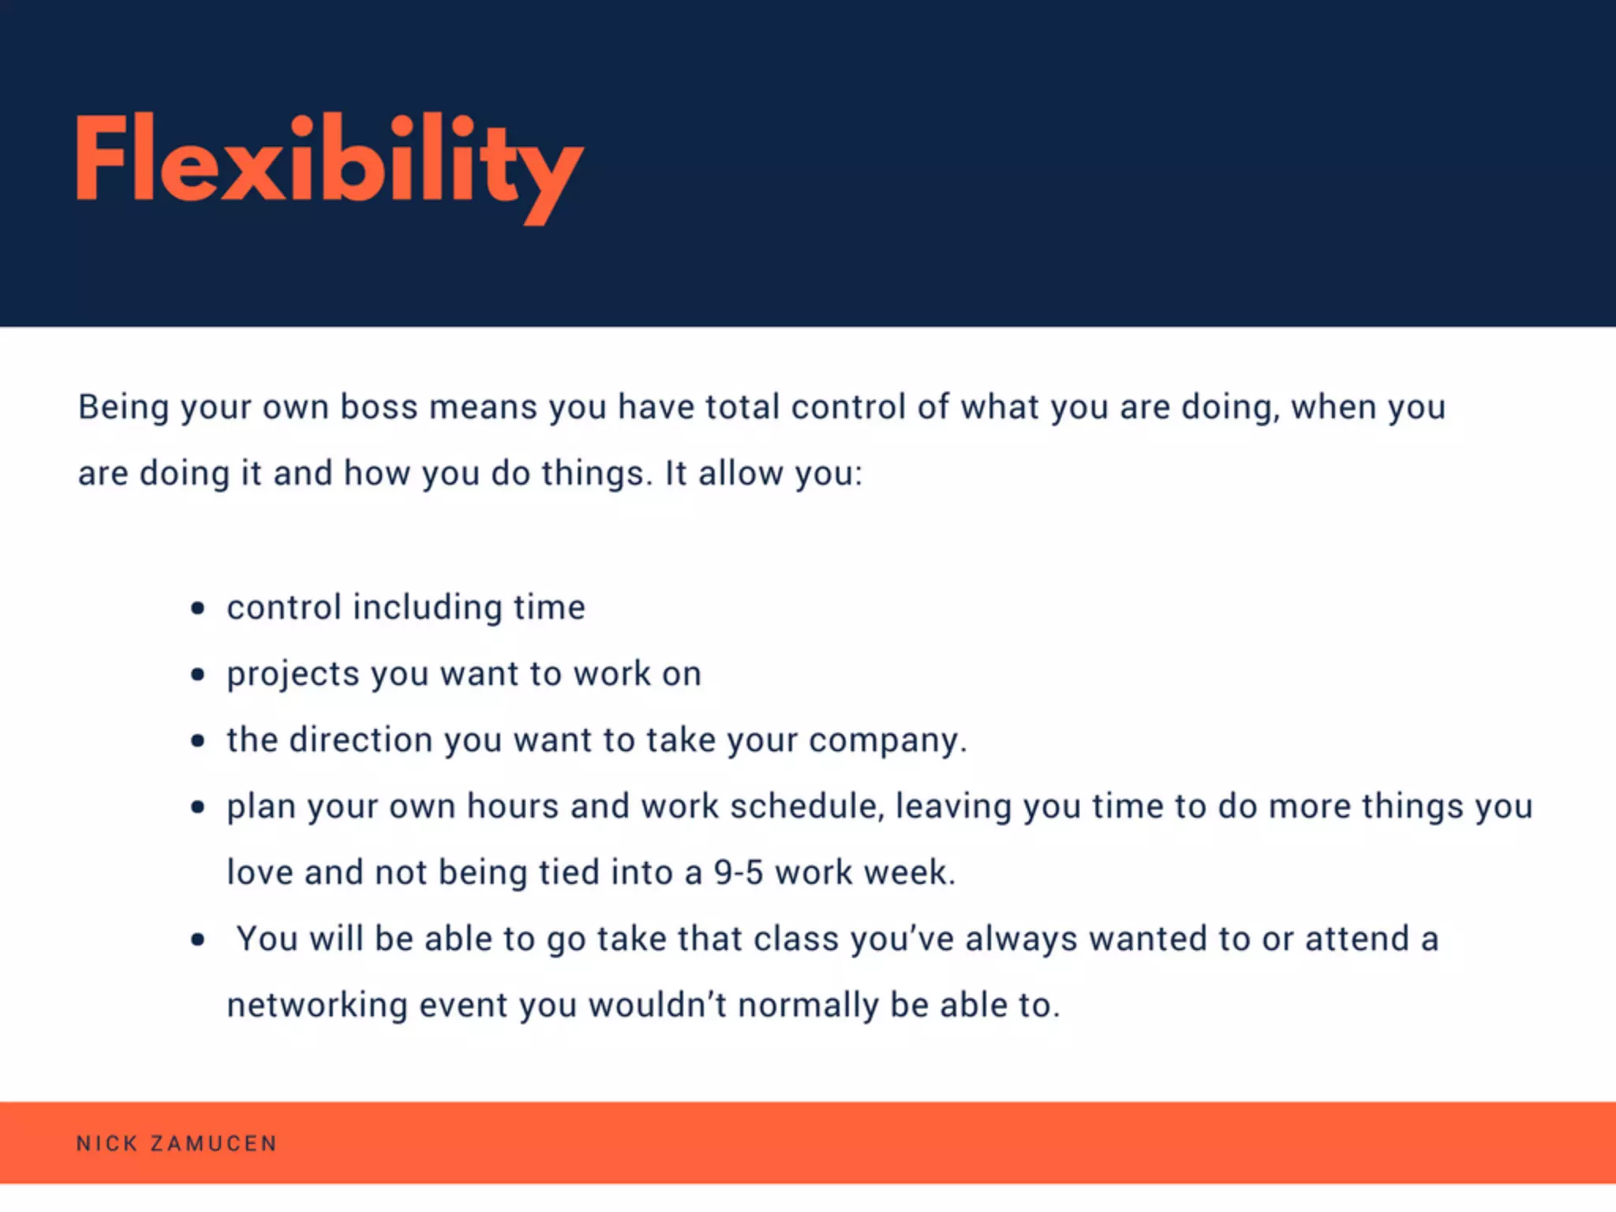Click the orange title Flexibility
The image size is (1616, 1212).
(x=329, y=163)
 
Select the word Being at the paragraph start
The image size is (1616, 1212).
(x=123, y=408)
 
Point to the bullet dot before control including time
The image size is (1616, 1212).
(x=198, y=608)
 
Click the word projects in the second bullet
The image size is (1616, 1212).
(x=293, y=675)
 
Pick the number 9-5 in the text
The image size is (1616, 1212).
(x=739, y=873)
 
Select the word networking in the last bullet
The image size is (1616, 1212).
(x=316, y=1006)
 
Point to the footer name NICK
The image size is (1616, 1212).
(x=107, y=1143)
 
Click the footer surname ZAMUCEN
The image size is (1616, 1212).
(x=214, y=1143)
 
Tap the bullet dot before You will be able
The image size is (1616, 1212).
(x=198, y=940)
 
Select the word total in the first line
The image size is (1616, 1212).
(x=743, y=408)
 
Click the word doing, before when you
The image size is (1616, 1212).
(x=1230, y=408)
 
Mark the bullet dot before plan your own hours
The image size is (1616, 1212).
(x=198, y=807)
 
